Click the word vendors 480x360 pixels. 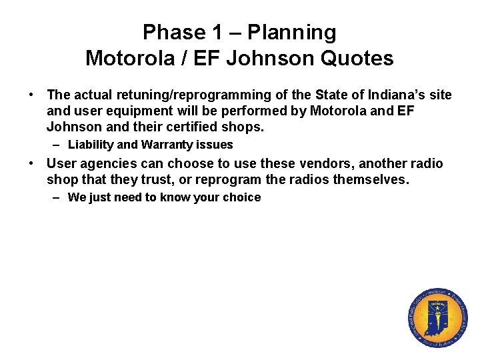pyautogui.click(x=331, y=164)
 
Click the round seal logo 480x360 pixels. pyautogui.click(x=437, y=318)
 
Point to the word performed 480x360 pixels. pyautogui.click(x=253, y=111)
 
